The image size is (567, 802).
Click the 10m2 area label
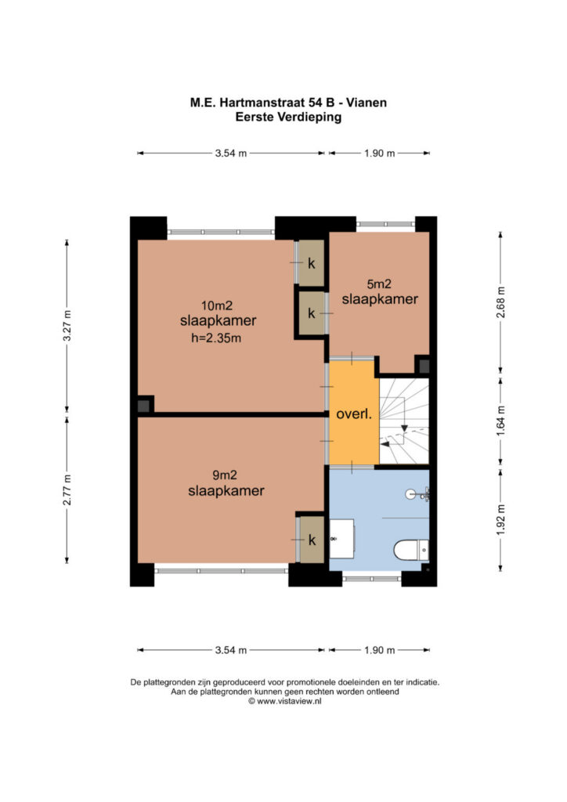pos(217,306)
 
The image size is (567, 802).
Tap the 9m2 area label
pos(225,475)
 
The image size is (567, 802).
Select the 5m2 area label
pos(379,284)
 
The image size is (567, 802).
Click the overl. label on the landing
pos(354,414)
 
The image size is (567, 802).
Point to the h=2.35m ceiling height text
pos(215,338)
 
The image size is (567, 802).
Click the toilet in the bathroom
pos(411,551)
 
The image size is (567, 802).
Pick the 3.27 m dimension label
pos(67,326)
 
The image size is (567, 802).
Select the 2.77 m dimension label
pos(67,490)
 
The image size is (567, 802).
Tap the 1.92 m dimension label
pos(501,520)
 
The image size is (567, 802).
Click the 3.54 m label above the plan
pos(231,153)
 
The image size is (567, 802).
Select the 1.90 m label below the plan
pos(379,650)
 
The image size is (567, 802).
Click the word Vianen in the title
pos(367,103)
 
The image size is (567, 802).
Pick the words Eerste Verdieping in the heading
pos(288,117)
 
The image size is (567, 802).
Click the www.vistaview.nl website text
pos(290,702)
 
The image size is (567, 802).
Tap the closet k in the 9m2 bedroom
pos(312,540)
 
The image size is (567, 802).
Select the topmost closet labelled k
pos(312,263)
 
